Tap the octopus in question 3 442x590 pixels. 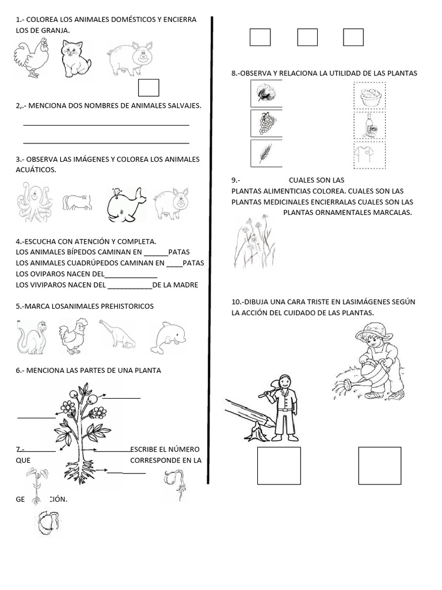[x=35, y=202]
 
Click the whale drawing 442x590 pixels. [x=125, y=205]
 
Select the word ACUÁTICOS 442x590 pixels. [x=36, y=170]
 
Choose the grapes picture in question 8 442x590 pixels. [x=267, y=124]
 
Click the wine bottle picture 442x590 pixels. [x=369, y=126]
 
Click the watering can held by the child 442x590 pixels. [x=369, y=373]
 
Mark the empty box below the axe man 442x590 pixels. [x=279, y=466]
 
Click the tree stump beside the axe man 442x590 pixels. [x=258, y=432]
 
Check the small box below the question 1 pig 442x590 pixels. [x=149, y=88]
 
